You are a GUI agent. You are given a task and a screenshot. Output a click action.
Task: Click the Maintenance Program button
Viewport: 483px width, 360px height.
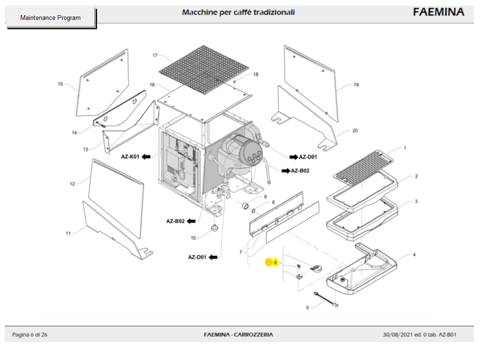click(x=50, y=18)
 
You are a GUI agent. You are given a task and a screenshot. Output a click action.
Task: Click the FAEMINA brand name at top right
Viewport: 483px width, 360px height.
click(x=438, y=12)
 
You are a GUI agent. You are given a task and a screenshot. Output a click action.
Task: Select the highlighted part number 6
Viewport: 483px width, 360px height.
click(x=275, y=262)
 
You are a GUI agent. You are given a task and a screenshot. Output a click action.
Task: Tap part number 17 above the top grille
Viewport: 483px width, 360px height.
click(x=155, y=55)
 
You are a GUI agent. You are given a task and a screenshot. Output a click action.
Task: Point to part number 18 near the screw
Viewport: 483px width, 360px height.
click(x=255, y=74)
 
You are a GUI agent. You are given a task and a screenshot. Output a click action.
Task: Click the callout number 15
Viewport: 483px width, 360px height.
click(x=60, y=84)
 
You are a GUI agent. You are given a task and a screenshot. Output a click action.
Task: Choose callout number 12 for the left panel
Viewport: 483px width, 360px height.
click(x=72, y=184)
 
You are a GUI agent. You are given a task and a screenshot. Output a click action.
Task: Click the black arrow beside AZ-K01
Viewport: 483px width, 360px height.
click(x=146, y=156)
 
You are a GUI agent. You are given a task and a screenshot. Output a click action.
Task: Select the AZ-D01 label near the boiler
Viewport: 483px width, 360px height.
click(x=308, y=157)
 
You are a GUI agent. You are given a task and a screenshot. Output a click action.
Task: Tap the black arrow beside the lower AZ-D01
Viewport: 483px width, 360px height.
click(x=213, y=257)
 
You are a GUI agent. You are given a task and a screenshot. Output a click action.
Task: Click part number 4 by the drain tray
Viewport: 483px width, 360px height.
click(x=414, y=255)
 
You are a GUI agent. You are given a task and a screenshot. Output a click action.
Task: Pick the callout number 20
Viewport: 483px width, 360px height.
click(x=355, y=130)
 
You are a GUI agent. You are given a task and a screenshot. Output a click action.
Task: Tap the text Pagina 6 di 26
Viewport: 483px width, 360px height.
click(x=29, y=335)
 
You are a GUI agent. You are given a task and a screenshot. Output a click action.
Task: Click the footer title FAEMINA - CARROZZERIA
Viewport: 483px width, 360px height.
click(x=238, y=335)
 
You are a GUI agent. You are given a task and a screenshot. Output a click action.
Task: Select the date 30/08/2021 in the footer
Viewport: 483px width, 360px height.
click(x=397, y=335)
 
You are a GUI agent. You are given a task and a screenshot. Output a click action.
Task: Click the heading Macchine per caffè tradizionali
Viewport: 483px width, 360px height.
click(x=238, y=12)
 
